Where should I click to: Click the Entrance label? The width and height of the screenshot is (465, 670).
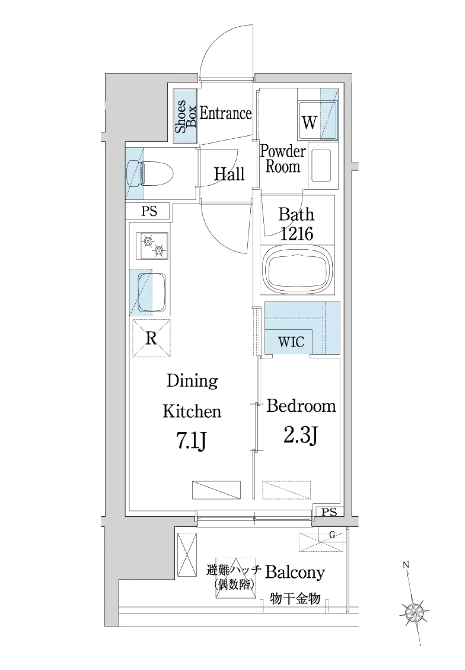226,113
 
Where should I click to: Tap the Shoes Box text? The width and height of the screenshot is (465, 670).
186,117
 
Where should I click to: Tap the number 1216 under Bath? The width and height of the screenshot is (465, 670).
297,234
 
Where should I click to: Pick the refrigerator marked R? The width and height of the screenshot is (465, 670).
151,338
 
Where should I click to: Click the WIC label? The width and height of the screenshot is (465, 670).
291,342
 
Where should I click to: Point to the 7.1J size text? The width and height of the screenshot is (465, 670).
192,442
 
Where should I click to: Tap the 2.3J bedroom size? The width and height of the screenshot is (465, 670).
301,436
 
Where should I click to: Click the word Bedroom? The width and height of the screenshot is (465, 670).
301,406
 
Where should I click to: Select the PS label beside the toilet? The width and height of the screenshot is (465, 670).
149,211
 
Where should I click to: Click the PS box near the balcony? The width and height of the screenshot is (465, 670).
329,512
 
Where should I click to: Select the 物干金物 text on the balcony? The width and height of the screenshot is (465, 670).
295,598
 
